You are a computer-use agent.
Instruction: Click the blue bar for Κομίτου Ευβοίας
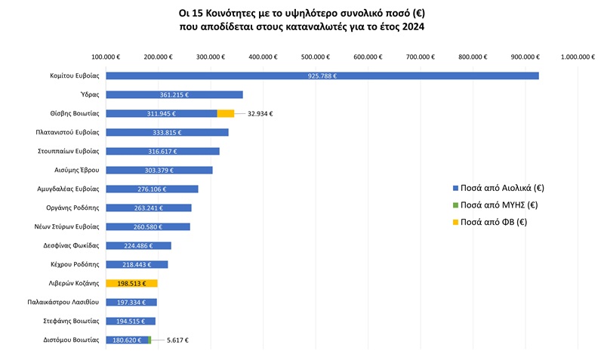tap(322, 75)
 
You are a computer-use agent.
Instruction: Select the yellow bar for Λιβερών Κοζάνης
tap(131, 283)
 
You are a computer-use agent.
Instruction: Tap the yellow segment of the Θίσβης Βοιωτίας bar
tap(226, 113)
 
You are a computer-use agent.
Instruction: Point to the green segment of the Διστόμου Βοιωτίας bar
tap(150, 340)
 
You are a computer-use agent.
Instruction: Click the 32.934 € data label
tap(260, 113)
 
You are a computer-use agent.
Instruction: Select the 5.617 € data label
tap(177, 340)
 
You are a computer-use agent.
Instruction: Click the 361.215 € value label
tap(174, 94)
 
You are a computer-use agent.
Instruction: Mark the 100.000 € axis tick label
tap(106, 57)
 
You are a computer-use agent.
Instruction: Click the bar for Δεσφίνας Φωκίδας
tap(138, 245)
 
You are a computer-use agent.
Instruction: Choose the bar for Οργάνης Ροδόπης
tap(149, 208)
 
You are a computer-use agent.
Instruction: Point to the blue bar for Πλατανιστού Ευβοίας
tap(167, 132)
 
